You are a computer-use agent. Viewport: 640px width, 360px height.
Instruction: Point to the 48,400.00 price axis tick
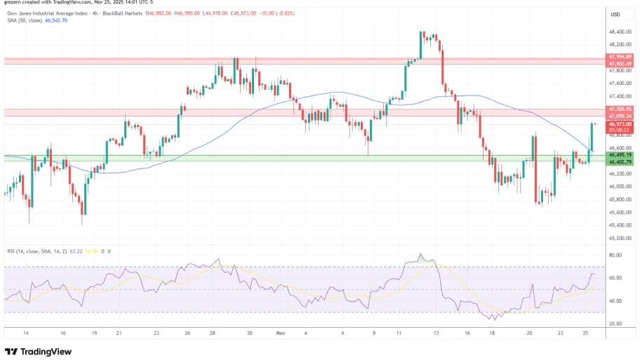click(620, 32)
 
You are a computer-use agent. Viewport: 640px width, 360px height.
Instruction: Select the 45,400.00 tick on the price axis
click(620, 225)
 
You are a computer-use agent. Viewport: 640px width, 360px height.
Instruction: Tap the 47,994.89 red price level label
click(621, 56)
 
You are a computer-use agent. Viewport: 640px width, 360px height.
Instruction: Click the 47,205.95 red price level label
click(621, 109)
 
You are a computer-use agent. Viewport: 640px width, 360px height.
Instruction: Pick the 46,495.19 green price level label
click(621, 154)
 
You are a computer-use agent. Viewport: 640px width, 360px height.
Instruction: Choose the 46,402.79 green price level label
click(621, 162)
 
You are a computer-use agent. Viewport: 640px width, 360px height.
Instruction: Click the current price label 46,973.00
click(621, 124)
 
